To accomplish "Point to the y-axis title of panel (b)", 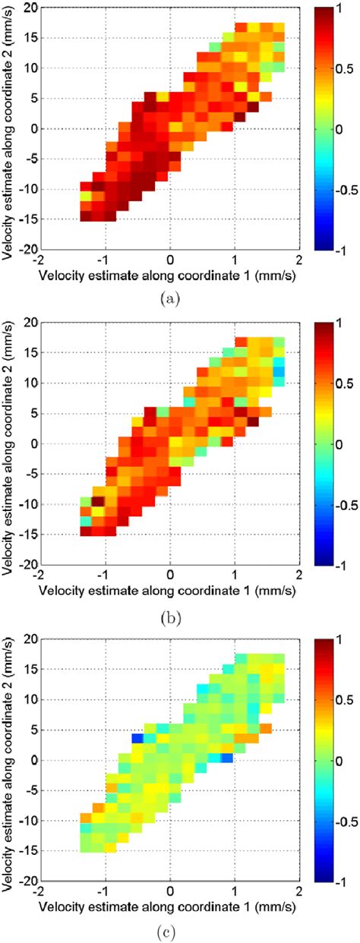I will [x=11, y=444].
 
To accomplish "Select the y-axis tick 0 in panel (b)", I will [x=33, y=444].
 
